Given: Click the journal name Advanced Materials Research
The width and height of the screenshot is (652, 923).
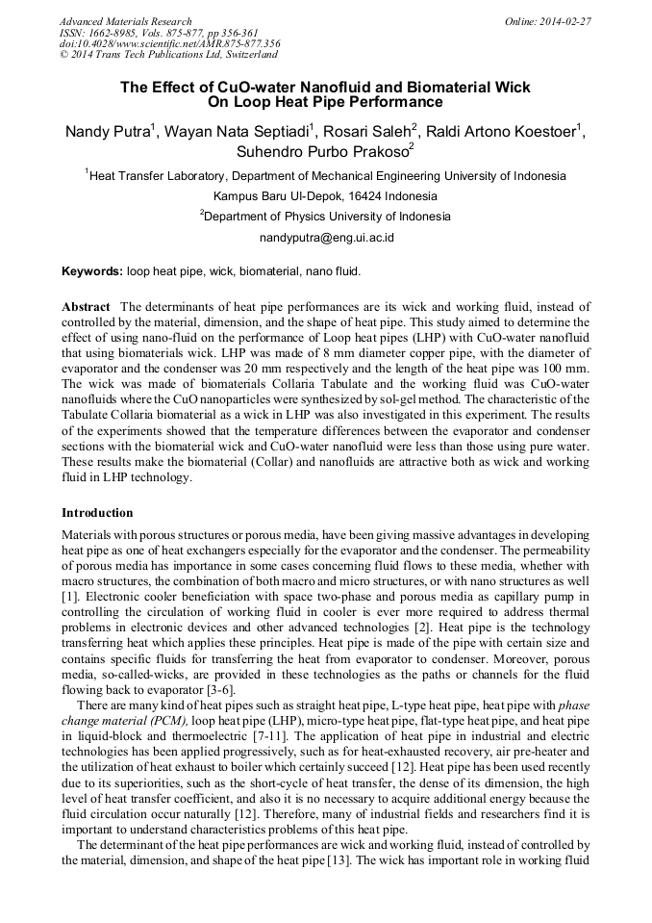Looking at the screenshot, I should click(125, 21).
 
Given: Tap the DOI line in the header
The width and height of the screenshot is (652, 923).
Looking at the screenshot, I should click(169, 44).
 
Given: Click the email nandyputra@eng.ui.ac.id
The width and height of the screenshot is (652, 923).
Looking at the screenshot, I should click(327, 237).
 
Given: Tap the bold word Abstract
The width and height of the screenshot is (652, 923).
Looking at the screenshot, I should click(86, 306).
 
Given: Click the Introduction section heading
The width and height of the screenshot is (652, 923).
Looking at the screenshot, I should click(97, 512).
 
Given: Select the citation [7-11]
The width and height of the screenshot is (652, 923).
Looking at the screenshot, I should click(220, 734).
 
